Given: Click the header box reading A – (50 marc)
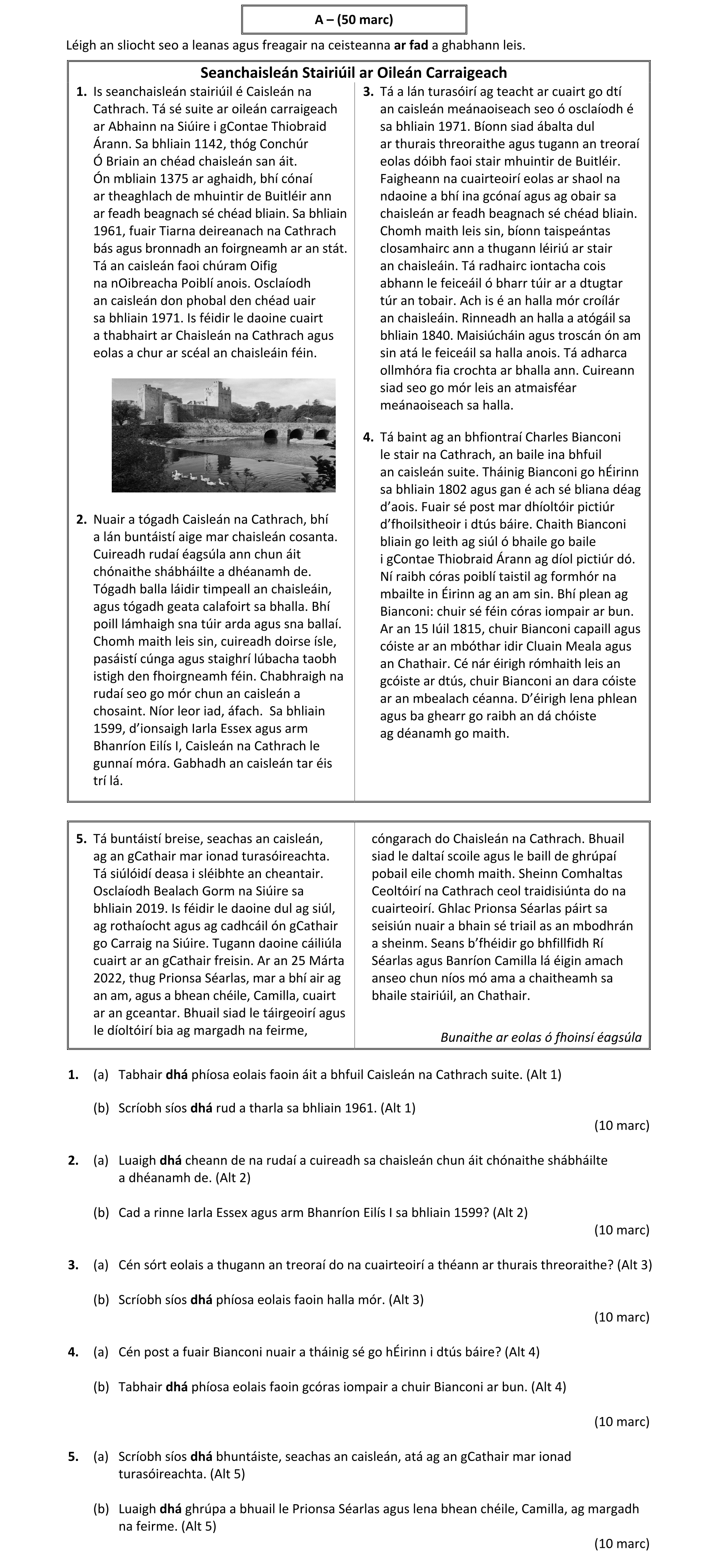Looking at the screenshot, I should coord(354,20).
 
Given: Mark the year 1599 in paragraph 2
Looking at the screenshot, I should coord(109,728).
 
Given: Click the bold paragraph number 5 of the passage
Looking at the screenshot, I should coord(81,839).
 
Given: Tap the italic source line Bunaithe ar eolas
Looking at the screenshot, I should coord(541,1037).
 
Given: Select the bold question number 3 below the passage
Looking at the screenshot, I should coord(73,1264).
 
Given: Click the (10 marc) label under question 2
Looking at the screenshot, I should coord(622,1229).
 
